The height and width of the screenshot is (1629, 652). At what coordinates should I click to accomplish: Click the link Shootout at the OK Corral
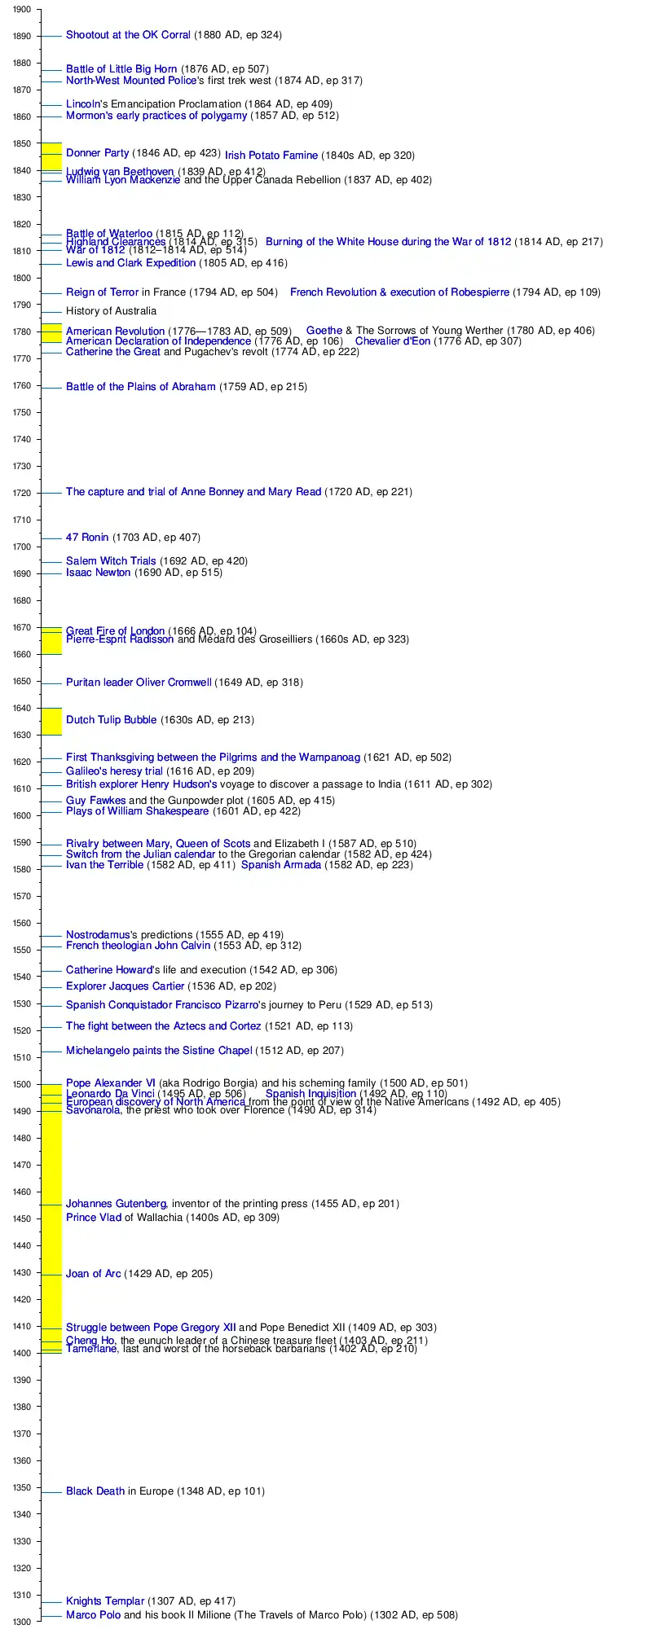click(128, 35)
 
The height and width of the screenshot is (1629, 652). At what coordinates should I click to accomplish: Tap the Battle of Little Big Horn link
click(121, 69)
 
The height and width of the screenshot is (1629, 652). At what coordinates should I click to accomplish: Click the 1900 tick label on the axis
click(22, 10)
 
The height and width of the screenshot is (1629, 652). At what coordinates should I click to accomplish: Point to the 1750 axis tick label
click(22, 413)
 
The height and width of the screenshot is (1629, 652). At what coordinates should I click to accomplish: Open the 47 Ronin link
click(87, 538)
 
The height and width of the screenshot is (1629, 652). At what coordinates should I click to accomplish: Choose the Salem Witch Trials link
click(111, 561)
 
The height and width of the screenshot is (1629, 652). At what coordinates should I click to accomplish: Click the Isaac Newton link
click(98, 573)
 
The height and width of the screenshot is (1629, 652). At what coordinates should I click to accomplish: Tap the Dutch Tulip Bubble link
click(111, 720)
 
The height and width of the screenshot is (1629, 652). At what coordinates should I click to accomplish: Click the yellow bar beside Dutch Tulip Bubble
click(51, 722)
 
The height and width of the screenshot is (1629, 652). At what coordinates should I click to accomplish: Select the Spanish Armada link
click(281, 865)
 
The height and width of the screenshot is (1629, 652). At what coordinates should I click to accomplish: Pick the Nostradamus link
click(98, 935)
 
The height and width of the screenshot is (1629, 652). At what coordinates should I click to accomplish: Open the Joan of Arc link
click(93, 1274)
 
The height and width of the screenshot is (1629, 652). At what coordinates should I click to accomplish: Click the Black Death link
click(95, 1491)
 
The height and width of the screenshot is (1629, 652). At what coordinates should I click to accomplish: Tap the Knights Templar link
click(105, 1601)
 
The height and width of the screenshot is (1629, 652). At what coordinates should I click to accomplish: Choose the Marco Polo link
click(93, 1615)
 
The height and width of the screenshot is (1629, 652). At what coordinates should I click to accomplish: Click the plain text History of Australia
click(111, 311)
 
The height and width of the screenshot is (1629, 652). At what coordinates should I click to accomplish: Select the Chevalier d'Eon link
click(392, 341)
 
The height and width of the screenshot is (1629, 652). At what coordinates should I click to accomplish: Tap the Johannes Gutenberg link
click(117, 1204)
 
